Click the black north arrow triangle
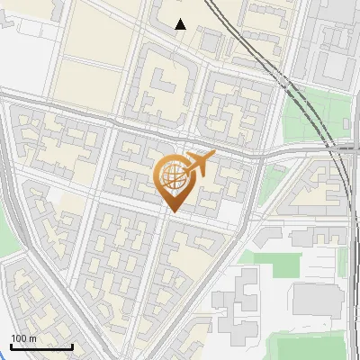[181, 24]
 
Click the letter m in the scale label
[32, 338]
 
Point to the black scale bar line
[41, 346]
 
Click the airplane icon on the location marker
[200, 163]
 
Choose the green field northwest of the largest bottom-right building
[274, 264]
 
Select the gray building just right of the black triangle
[210, 40]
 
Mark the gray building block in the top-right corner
[337, 40]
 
